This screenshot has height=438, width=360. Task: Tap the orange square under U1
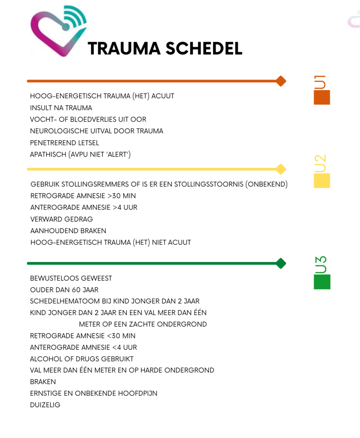[x=322, y=97]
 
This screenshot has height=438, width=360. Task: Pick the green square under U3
[x=322, y=282]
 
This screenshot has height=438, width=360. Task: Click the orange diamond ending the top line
[x=281, y=81]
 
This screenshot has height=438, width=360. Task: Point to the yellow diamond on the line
[x=281, y=169]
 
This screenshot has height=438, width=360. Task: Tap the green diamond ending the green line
[x=281, y=263]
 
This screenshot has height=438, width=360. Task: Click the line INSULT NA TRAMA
[x=61, y=108]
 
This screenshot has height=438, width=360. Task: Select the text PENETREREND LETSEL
[x=64, y=143]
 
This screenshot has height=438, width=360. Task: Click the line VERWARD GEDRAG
[x=62, y=219]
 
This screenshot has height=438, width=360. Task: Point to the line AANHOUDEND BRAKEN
[x=68, y=231]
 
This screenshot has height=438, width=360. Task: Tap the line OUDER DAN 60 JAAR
[x=64, y=290]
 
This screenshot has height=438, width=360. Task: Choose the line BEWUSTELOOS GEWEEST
[x=71, y=278]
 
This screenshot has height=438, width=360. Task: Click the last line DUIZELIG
[x=45, y=405]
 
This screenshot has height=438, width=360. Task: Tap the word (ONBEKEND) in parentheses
[x=267, y=185]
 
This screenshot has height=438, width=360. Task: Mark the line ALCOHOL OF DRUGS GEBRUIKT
[x=82, y=359]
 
